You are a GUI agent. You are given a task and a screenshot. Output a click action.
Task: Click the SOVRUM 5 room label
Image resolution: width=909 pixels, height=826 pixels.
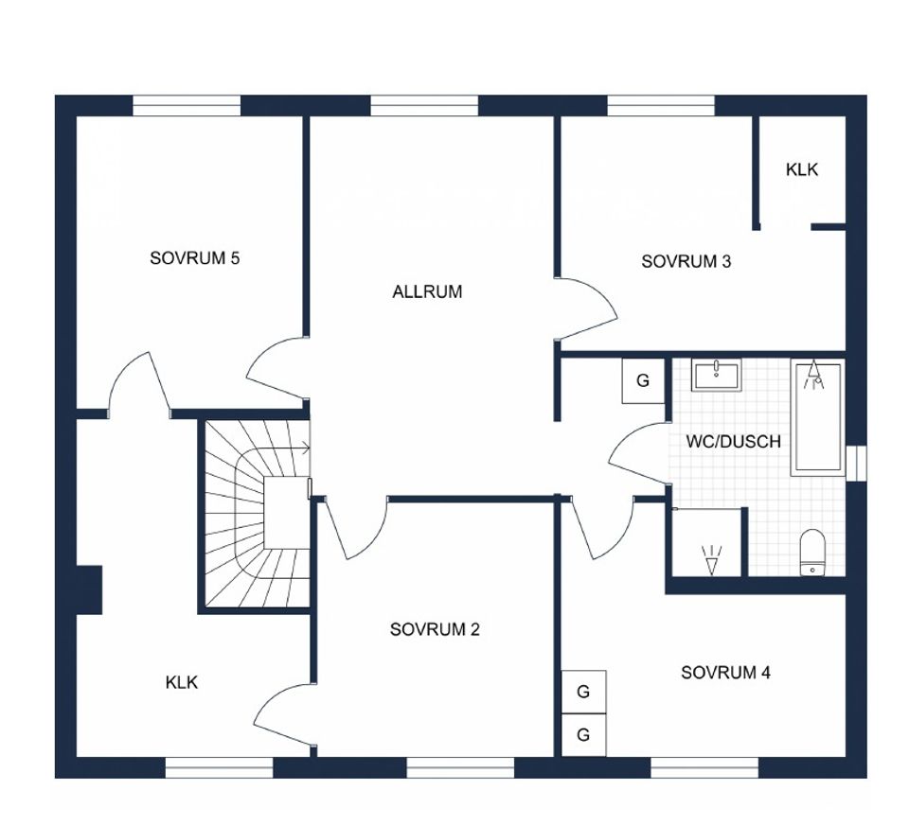(x=194, y=257)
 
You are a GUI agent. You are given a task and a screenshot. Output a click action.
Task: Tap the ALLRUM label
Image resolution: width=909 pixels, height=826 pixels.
(x=427, y=291)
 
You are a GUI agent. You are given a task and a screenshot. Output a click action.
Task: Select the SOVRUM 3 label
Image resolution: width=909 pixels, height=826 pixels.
(x=686, y=261)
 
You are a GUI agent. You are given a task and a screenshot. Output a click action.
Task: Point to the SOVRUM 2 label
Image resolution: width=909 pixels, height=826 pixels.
(x=435, y=629)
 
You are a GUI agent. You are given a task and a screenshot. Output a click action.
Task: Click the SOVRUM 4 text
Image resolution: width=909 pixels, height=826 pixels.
(x=725, y=673)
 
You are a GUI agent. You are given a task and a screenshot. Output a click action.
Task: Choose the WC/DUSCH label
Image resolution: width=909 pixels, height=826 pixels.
(x=733, y=441)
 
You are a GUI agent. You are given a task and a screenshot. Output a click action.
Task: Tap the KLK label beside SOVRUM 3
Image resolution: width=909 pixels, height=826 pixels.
(x=802, y=169)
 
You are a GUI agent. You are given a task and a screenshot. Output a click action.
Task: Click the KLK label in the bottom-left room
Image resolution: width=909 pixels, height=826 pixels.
(x=182, y=682)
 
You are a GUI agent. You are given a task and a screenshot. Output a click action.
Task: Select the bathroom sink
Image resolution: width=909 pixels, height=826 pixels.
(x=716, y=375)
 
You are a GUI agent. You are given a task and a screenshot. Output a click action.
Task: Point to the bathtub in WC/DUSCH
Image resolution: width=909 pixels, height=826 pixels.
(x=818, y=417)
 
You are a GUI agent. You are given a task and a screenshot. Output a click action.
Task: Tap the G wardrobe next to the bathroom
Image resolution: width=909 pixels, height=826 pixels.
(x=643, y=380)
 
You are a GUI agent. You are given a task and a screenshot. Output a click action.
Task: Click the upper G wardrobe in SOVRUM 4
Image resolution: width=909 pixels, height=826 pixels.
(x=584, y=692)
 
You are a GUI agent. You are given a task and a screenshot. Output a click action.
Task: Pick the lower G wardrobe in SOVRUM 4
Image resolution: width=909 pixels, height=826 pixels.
(x=584, y=734)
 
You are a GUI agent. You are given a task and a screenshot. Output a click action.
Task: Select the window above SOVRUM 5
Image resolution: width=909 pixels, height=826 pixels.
(x=187, y=106)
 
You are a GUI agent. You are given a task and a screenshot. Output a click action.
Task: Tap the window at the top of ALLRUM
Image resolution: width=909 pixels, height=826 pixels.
(x=424, y=106)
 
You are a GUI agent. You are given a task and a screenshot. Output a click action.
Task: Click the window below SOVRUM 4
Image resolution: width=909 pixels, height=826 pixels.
(x=704, y=767)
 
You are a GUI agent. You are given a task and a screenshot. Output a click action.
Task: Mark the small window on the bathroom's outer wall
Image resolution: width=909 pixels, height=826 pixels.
(x=856, y=463)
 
